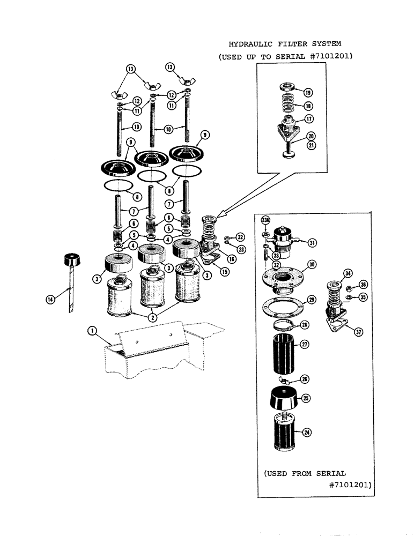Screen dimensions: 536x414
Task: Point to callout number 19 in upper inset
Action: click(x=309, y=92)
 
